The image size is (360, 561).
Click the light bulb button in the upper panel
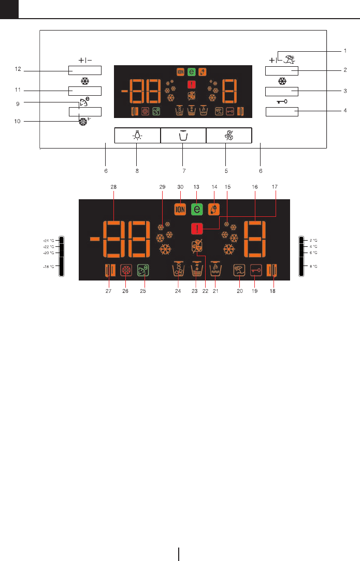point(137,136)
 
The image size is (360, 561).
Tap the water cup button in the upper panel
point(183,136)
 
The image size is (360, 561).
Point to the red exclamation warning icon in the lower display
point(197,228)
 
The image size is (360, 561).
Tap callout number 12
point(18,69)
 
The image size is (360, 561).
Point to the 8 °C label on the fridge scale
point(313,266)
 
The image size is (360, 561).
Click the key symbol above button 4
point(282,101)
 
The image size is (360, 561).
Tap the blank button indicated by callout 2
point(282,71)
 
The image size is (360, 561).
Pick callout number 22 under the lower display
point(205,290)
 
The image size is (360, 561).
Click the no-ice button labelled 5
point(228,136)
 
